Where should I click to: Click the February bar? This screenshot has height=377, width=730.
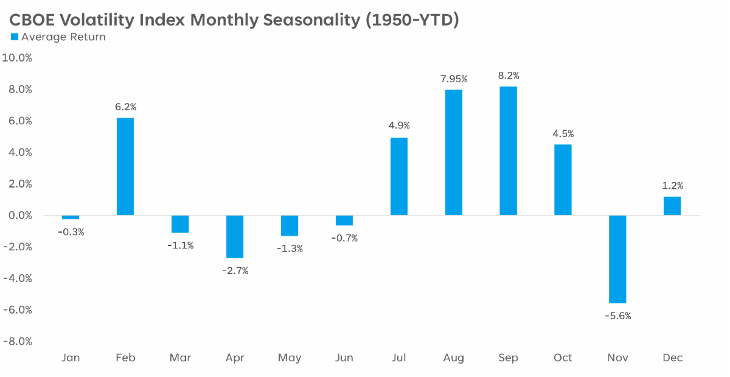click(125, 166)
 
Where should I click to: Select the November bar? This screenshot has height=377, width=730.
click(617, 259)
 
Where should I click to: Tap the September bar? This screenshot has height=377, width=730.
click(508, 151)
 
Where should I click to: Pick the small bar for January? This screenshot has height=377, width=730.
click(71, 217)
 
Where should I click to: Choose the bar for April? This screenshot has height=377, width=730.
click(235, 237)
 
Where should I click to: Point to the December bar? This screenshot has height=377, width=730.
click(672, 206)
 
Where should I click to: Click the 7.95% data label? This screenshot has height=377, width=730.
click(454, 79)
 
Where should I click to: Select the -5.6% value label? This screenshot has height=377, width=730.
click(618, 316)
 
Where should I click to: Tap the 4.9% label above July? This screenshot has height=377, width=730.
click(399, 125)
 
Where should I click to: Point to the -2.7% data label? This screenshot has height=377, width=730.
click(235, 270)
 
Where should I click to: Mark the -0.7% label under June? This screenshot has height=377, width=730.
click(344, 238)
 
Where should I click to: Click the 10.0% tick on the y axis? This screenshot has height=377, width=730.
click(17, 58)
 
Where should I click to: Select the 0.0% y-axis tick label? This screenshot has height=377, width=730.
click(20, 216)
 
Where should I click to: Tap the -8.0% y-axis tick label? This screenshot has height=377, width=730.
click(18, 342)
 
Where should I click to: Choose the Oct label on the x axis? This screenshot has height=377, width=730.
click(563, 358)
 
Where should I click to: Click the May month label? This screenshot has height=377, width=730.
click(290, 358)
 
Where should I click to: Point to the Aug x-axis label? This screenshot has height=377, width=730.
click(453, 358)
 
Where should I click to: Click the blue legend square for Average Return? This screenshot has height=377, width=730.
click(15, 37)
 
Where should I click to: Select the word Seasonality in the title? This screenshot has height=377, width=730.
click(311, 20)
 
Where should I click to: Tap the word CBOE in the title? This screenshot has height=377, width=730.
click(32, 20)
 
